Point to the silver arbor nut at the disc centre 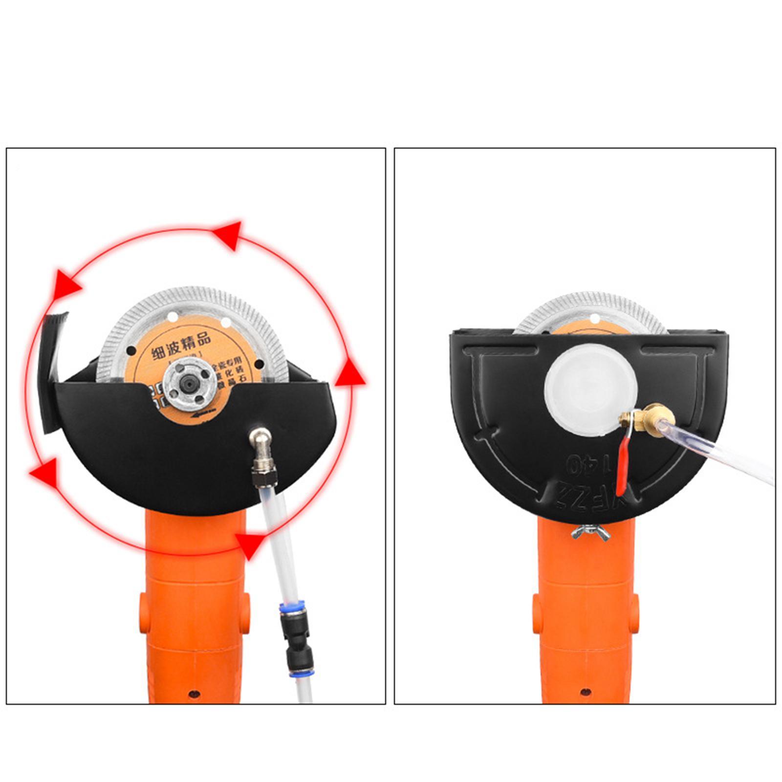(x=190, y=384)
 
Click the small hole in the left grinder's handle (x=194, y=694)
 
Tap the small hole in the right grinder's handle (x=585, y=692)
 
